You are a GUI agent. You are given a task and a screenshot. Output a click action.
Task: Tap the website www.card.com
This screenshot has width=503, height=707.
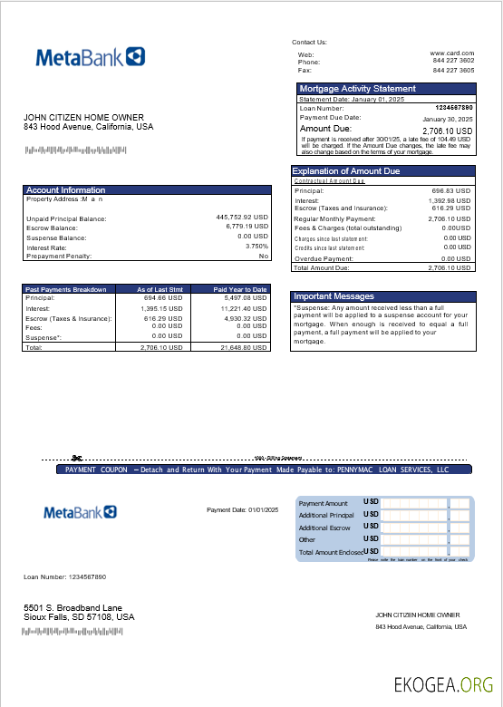click(x=451, y=53)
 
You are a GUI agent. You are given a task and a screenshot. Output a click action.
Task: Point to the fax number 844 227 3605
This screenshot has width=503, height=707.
click(x=453, y=70)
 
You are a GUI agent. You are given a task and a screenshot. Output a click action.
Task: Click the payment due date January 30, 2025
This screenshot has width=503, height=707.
click(x=448, y=119)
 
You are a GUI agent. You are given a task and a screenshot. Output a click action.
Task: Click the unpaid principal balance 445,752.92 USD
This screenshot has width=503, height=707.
click(x=242, y=218)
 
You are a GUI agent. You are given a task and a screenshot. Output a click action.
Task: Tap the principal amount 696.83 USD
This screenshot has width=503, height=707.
click(x=451, y=191)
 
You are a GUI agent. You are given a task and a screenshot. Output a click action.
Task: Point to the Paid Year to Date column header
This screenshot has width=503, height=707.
click(x=240, y=289)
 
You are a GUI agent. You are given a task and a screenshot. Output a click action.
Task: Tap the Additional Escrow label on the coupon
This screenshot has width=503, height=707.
click(x=325, y=528)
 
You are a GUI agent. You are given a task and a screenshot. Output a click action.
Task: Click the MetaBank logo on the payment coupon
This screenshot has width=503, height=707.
click(x=81, y=513)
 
